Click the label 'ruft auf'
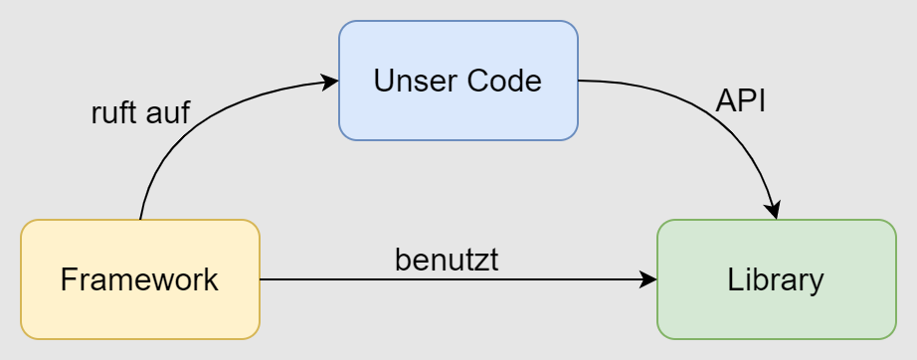coord(139,112)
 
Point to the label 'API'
coord(740,101)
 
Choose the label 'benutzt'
coord(447,261)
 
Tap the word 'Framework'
coord(139,279)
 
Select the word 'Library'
coord(776,279)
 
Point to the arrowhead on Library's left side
coord(648,279)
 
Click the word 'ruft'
coord(112,112)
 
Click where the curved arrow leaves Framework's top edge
coord(140,219)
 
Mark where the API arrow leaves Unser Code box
coord(579,81)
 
